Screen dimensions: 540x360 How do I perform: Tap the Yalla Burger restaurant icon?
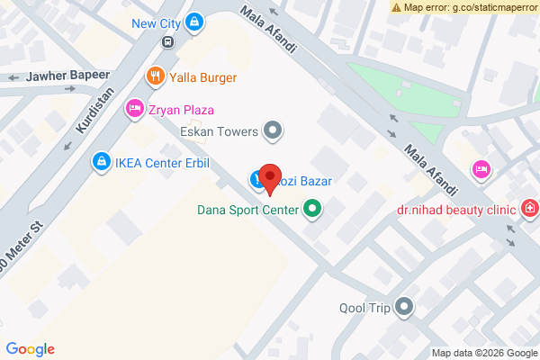[x=156, y=76]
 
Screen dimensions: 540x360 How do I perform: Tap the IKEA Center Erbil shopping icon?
[x=101, y=163]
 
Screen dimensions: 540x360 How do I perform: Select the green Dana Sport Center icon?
[x=312, y=212]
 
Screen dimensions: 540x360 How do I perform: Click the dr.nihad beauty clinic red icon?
[x=530, y=210]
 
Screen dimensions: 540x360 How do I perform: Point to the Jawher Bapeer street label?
[x=67, y=76]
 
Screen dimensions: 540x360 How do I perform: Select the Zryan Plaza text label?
[x=181, y=110]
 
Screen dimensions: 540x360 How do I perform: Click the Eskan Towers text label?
[x=220, y=132]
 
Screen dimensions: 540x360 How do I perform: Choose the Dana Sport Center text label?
[x=249, y=213]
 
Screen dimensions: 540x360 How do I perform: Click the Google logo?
[x=30, y=349]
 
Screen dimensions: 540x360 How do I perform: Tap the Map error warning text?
[x=471, y=7]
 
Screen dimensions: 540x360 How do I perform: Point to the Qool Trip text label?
[x=364, y=308]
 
